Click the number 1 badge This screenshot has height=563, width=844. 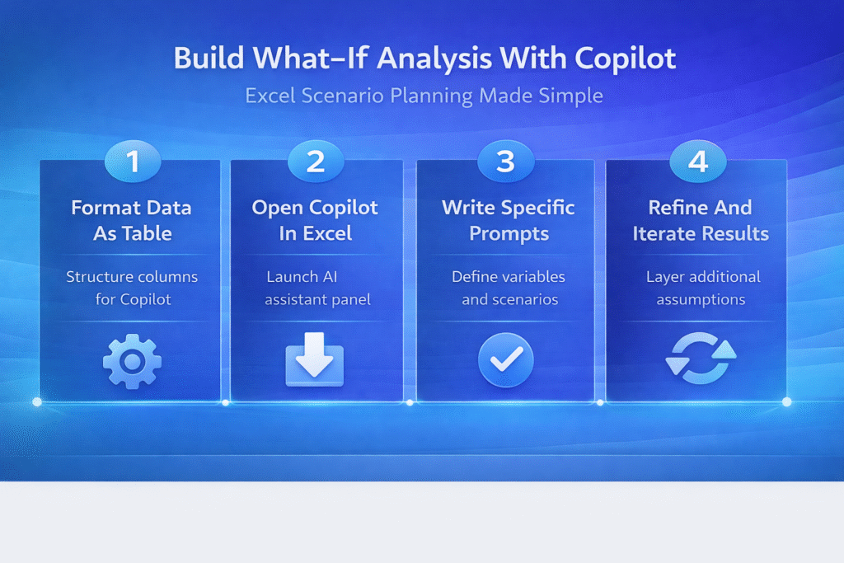[133, 161]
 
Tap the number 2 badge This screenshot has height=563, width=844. [316, 161]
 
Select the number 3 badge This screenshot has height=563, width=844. [506, 161]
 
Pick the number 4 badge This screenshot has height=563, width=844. [698, 161]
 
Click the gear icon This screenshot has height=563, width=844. [133, 361]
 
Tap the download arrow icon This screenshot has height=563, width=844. [315, 359]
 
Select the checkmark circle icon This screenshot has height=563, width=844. [506, 359]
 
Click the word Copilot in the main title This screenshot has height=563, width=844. [626, 59]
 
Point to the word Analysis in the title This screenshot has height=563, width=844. [434, 59]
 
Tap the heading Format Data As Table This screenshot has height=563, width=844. [132, 221]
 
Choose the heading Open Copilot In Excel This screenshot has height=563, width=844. [316, 221]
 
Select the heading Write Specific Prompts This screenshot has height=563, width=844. [509, 221]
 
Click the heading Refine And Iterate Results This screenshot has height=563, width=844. [701, 221]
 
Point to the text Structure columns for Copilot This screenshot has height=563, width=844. [133, 288]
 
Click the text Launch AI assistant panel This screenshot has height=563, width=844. [317, 288]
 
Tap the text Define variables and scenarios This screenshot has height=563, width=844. [509, 288]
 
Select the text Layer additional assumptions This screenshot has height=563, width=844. [702, 288]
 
